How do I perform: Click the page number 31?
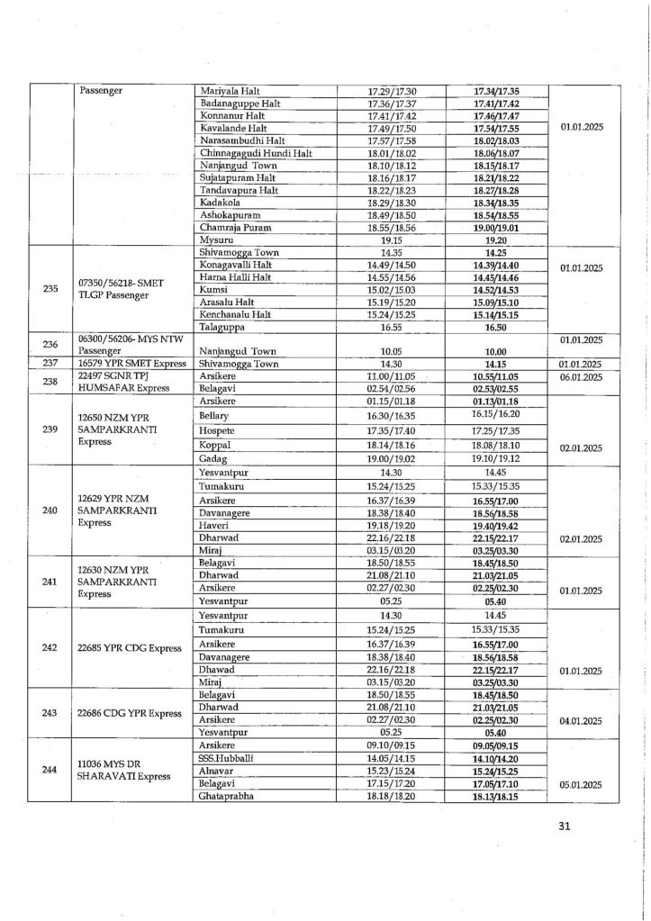coord(565,826)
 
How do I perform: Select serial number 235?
coord(50,289)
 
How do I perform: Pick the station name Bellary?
coord(214,416)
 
